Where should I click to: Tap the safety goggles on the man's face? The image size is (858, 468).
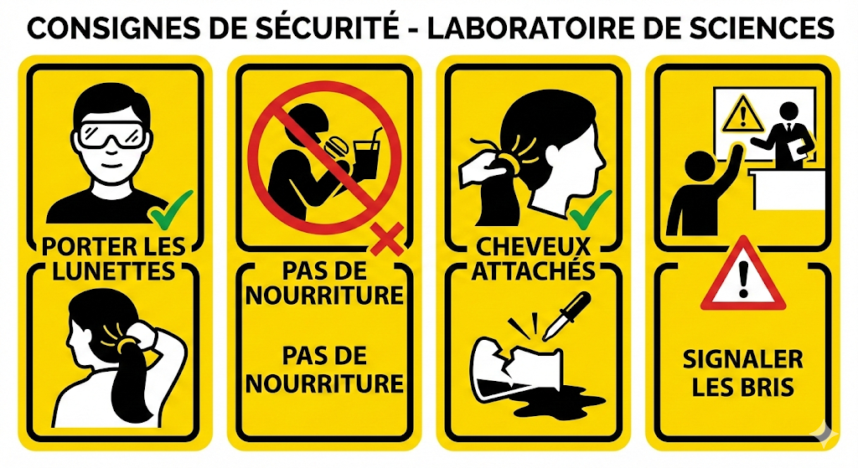tap(114, 135)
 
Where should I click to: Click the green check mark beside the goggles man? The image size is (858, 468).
tap(171, 209)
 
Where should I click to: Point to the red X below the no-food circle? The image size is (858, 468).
tap(387, 238)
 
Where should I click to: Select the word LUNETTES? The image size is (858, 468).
tap(113, 271)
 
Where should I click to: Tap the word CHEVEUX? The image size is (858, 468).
tap(534, 247)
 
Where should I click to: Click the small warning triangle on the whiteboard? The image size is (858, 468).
tap(742, 114)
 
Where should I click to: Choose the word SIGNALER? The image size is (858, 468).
tap(742, 360)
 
